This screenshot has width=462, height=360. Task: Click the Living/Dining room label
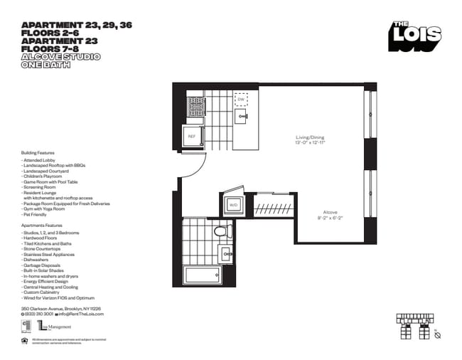[x=310, y=140]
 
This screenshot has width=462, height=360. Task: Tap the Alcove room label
[x=330, y=215]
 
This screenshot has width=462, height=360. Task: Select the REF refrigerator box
[x=191, y=137]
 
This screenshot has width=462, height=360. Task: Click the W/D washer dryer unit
[x=233, y=204]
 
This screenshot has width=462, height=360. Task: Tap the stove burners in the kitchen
[x=196, y=107]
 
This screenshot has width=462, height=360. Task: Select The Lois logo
[x=415, y=36]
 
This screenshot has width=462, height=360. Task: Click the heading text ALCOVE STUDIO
[x=60, y=56]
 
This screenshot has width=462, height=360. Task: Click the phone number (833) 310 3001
[x=38, y=314]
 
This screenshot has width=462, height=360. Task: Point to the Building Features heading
[x=38, y=152]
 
